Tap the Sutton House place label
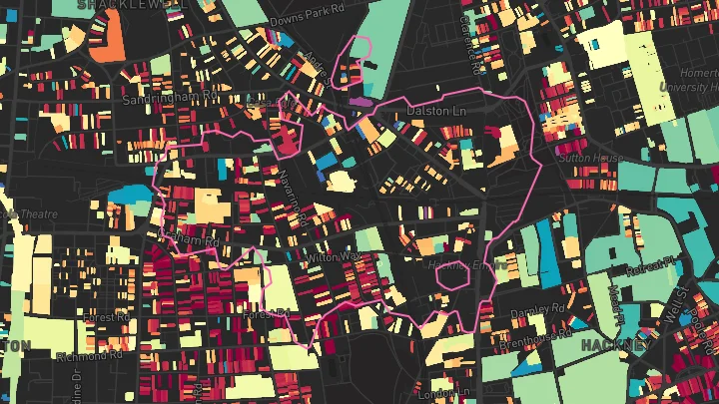coord(591,158)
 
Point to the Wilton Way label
coord(334,257)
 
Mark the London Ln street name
coord(439,395)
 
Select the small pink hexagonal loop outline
coord(453,274)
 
